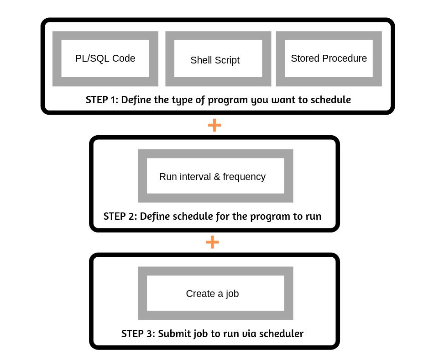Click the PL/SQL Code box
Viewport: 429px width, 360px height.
click(x=105, y=58)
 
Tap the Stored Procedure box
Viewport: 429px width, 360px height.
click(x=329, y=58)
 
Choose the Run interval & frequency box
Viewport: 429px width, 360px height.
click(x=215, y=176)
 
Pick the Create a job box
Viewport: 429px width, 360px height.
click(x=215, y=293)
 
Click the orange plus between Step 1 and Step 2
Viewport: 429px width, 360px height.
click(x=214, y=125)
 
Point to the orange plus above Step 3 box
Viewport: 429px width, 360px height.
click(x=213, y=242)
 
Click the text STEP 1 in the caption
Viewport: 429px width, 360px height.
click(x=101, y=100)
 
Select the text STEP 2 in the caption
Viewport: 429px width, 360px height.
click(x=120, y=216)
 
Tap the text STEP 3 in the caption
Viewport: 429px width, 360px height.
click(x=137, y=334)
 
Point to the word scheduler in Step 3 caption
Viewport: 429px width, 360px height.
click(x=281, y=334)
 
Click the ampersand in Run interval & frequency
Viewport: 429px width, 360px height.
click(x=217, y=177)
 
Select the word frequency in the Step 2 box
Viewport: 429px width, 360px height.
click(x=244, y=177)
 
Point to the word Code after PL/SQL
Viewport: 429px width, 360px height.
click(x=125, y=58)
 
